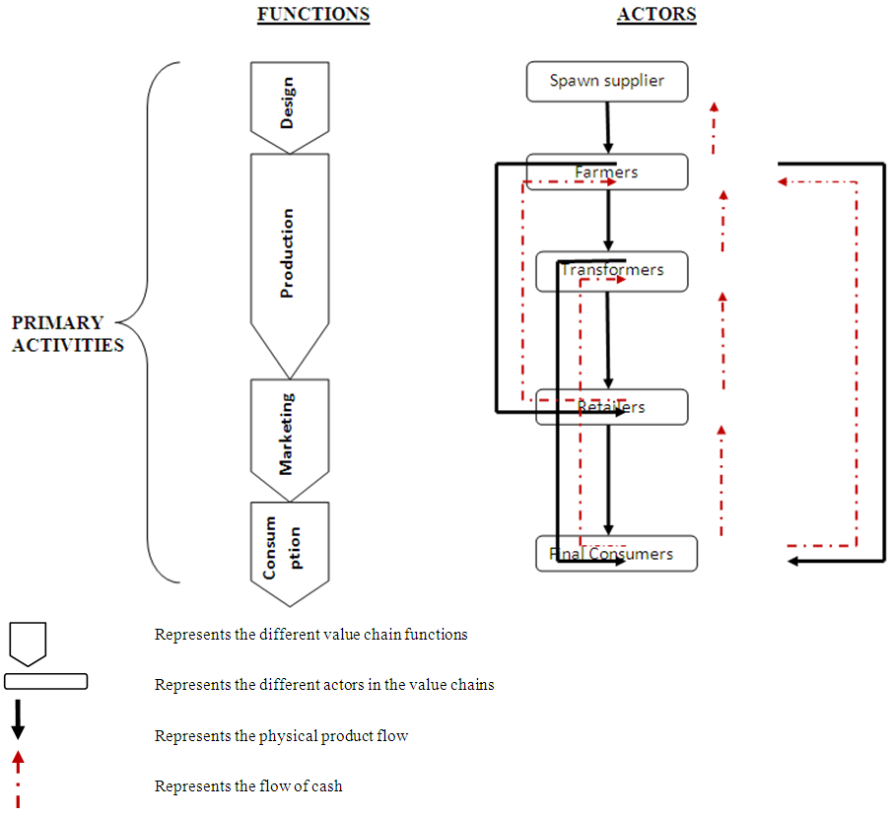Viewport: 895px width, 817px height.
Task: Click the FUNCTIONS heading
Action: (x=312, y=15)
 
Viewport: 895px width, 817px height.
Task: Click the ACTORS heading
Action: (x=656, y=15)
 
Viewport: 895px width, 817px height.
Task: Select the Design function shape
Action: (x=288, y=104)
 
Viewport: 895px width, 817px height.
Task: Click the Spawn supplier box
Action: (x=606, y=81)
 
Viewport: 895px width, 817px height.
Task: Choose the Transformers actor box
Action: (x=611, y=270)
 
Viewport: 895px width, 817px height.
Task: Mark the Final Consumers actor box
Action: (x=616, y=553)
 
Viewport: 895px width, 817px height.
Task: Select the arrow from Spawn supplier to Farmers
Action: (x=608, y=126)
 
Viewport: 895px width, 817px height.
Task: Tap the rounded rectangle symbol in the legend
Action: (x=45, y=681)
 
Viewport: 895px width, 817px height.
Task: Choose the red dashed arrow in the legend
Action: (x=17, y=779)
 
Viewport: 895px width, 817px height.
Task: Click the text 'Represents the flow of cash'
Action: (x=248, y=786)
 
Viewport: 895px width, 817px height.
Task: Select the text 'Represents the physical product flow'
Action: (x=281, y=735)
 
